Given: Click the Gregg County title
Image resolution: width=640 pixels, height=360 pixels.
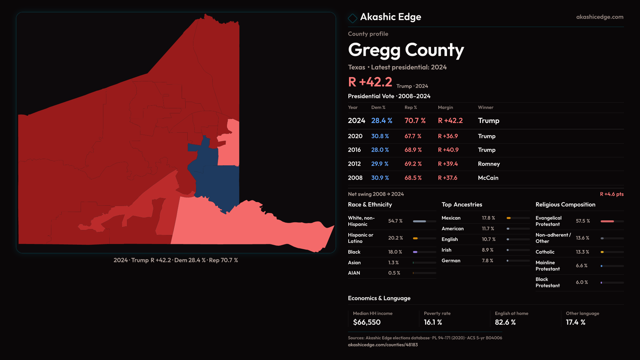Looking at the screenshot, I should tap(406, 50).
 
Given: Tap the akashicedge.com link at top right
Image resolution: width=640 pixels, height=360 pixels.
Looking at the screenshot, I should tap(599, 17).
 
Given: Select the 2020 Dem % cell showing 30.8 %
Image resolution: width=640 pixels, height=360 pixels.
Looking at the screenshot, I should tap(380, 136).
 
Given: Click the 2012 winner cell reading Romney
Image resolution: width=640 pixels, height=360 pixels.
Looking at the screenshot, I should tap(489, 164).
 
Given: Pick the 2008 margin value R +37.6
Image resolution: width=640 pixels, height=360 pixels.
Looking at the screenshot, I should tap(447, 178).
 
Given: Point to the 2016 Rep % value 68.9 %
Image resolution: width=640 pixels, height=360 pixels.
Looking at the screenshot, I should tap(413, 150).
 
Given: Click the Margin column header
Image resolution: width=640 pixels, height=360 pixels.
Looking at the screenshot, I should tap(445, 108).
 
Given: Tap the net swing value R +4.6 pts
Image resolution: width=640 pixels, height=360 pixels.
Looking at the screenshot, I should tap(611, 194).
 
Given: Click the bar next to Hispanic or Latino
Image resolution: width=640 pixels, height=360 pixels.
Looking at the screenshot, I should tap(424, 238).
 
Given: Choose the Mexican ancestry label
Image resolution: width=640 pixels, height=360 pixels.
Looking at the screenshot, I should tap(451, 218).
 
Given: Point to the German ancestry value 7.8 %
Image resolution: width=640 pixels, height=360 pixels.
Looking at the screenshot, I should tap(487, 261).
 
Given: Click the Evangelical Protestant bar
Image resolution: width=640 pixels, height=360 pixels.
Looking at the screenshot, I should tap(612, 221).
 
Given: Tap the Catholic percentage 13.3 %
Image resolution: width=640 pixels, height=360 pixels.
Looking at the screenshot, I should tap(582, 252).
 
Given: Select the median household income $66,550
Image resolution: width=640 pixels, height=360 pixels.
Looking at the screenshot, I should tap(366, 322).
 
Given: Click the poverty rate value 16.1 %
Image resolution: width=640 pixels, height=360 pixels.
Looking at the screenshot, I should tap(433, 322).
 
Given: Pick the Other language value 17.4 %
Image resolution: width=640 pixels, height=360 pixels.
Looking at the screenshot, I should tap(575, 322).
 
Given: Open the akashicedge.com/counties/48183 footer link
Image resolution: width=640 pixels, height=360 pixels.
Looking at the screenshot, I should tap(383, 345).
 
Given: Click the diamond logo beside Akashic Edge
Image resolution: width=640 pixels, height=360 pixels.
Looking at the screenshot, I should tap(352, 18).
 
